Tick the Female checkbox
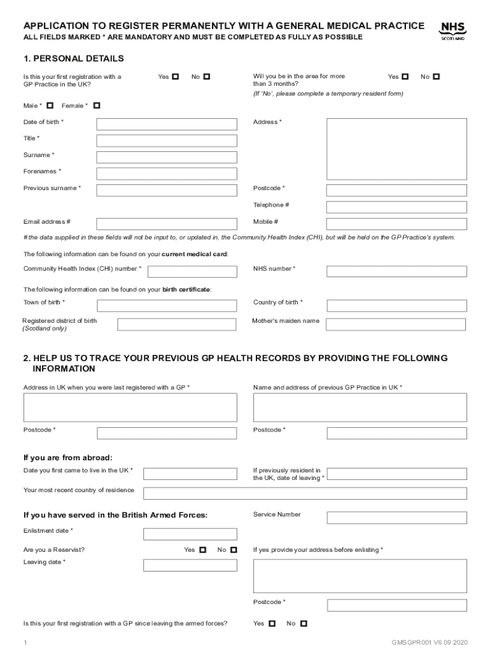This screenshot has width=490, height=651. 97,106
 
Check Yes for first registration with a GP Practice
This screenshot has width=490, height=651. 176,77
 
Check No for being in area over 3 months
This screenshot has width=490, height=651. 437,77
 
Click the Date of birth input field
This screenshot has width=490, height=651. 166,124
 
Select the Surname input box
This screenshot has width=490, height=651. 166,157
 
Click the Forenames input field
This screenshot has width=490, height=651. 166,174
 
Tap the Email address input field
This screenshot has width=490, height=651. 166,224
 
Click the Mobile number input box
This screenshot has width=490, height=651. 396,224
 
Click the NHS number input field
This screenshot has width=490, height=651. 396,271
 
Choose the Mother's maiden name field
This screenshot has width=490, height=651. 396,324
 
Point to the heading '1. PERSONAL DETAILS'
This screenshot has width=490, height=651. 73,58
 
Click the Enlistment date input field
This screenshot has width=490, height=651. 190,534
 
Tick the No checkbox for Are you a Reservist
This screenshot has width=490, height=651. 234,550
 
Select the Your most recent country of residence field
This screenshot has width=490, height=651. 305,493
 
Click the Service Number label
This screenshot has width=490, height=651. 277,514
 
